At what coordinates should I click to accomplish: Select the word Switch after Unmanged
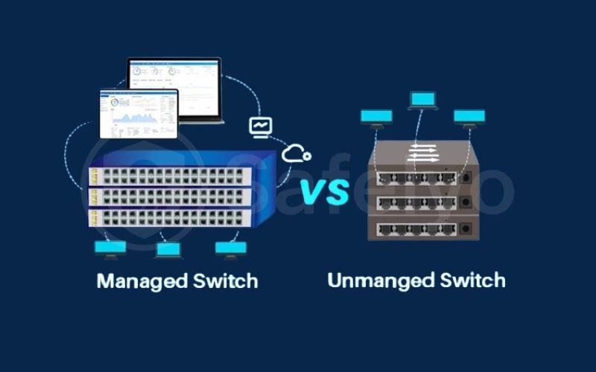click(x=469, y=280)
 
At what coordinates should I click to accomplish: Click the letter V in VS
click(x=313, y=191)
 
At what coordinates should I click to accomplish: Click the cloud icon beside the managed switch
click(x=297, y=153)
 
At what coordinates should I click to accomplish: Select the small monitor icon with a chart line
click(x=259, y=127)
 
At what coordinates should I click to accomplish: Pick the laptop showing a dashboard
click(x=174, y=90)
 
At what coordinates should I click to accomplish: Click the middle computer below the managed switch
click(x=168, y=251)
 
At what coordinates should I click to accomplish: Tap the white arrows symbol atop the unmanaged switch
click(x=422, y=154)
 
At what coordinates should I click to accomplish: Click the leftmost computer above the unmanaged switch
click(x=375, y=118)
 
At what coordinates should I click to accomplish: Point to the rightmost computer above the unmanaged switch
click(x=469, y=118)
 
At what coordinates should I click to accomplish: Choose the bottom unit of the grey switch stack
click(x=422, y=228)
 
